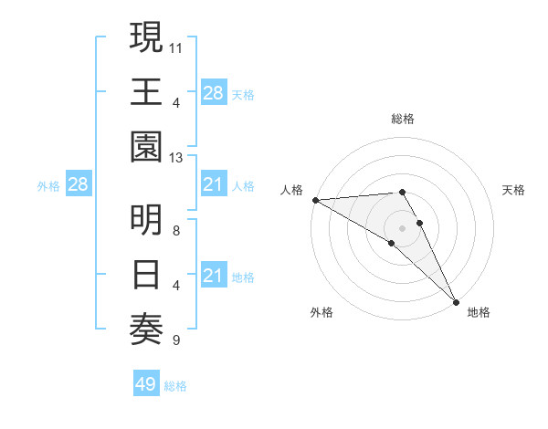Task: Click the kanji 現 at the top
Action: (147, 38)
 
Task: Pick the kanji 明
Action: (147, 222)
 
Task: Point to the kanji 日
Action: (147, 274)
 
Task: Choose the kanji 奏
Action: (147, 326)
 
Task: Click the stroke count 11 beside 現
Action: (176, 46)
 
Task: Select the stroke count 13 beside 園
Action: (176, 158)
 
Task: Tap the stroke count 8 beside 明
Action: (176, 230)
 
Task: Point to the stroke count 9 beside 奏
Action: (176, 341)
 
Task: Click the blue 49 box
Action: (146, 385)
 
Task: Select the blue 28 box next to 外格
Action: (78, 185)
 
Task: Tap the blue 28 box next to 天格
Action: (213, 92)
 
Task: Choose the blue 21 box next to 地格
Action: (213, 276)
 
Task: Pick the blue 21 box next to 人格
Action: (213, 185)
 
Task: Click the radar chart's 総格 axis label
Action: (403, 119)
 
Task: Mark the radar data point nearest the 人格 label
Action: (315, 200)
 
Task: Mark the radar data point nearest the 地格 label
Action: (456, 300)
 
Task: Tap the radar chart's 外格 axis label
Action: (321, 312)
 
